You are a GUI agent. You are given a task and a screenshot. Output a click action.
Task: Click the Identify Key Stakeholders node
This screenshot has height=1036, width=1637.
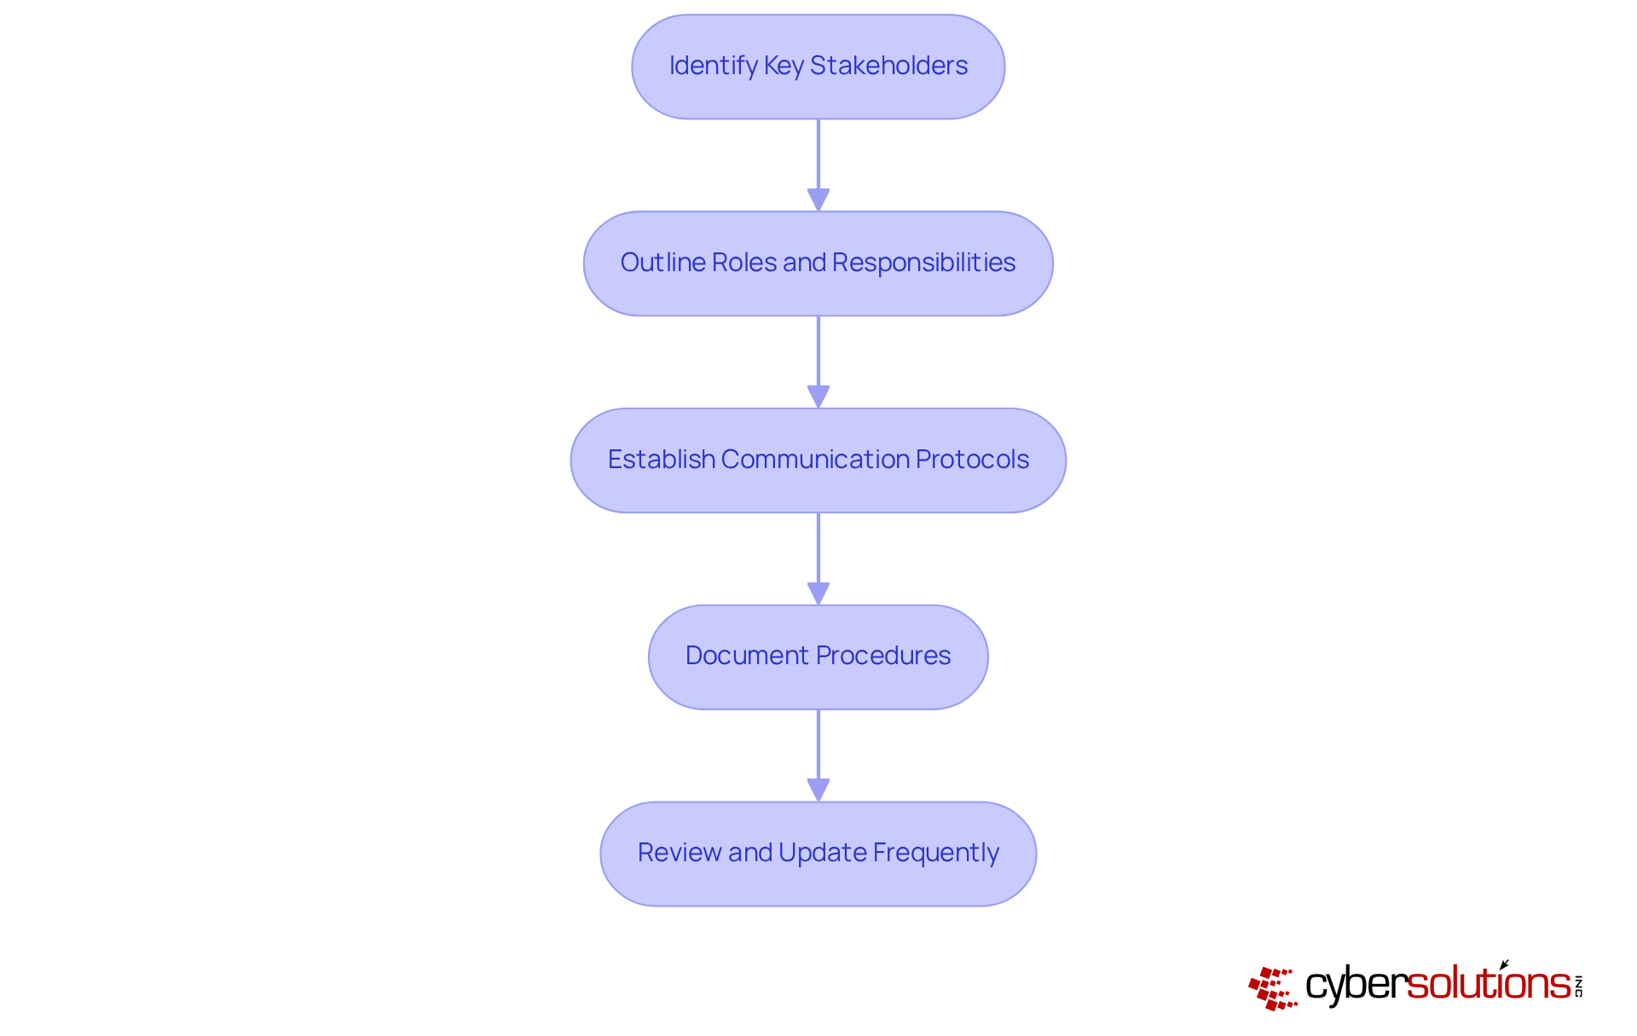(x=818, y=67)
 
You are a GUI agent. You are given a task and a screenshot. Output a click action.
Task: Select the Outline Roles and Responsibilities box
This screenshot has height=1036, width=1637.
(x=818, y=263)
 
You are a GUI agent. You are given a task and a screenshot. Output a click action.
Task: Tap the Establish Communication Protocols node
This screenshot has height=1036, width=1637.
(x=818, y=460)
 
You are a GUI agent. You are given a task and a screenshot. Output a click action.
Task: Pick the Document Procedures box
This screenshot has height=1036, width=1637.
(x=818, y=657)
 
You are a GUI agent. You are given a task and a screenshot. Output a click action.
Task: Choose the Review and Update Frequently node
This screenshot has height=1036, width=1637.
(x=818, y=854)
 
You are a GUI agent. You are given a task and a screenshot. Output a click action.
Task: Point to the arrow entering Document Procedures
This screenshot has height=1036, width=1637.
(x=818, y=559)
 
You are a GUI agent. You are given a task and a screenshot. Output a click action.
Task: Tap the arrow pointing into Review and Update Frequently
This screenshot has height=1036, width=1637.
(x=818, y=755)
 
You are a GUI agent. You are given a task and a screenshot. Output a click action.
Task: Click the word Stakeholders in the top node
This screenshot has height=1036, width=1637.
(x=888, y=66)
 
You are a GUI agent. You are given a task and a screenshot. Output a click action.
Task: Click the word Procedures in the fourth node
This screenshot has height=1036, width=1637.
(x=883, y=656)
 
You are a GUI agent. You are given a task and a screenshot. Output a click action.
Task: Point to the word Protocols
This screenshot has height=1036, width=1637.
(x=972, y=460)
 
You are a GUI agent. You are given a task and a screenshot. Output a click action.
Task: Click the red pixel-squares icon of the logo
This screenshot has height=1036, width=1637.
(x=1271, y=988)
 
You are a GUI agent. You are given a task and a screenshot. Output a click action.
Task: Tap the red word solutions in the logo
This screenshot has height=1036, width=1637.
(x=1489, y=984)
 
